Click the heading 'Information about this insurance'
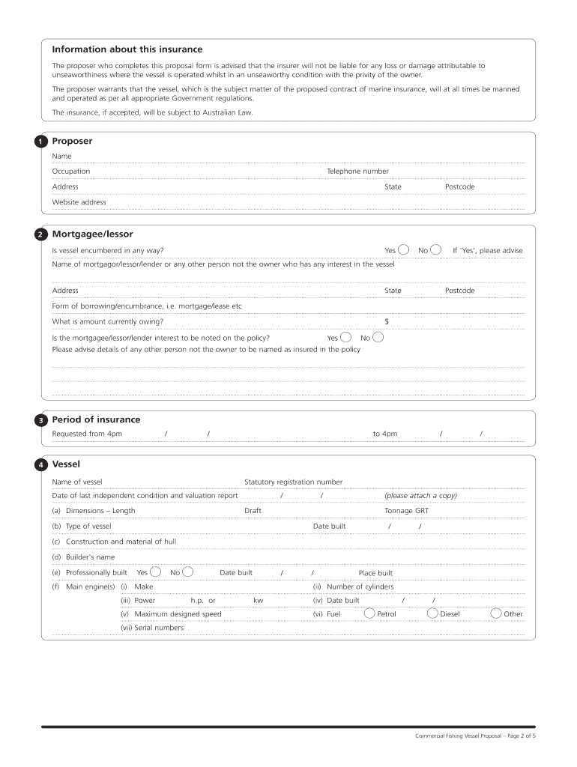tap(127, 49)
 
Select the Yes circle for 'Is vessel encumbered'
tap(403, 249)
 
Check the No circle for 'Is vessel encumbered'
tap(435, 249)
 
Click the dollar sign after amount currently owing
tap(387, 321)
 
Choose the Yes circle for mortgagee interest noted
tap(345, 337)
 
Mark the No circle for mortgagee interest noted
tap(378, 337)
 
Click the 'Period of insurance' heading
tap(96, 419)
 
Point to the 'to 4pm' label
tap(385, 434)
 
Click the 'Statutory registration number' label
tap(293, 482)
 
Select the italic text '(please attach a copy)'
tap(420, 496)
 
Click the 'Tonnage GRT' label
tap(407, 511)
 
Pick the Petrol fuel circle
tap(370, 613)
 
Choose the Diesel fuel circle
tap(433, 613)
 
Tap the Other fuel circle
tap(495, 613)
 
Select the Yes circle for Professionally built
tap(156, 572)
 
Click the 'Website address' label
tap(79, 202)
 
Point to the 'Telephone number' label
tap(357, 172)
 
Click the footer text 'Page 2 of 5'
tap(518, 736)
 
